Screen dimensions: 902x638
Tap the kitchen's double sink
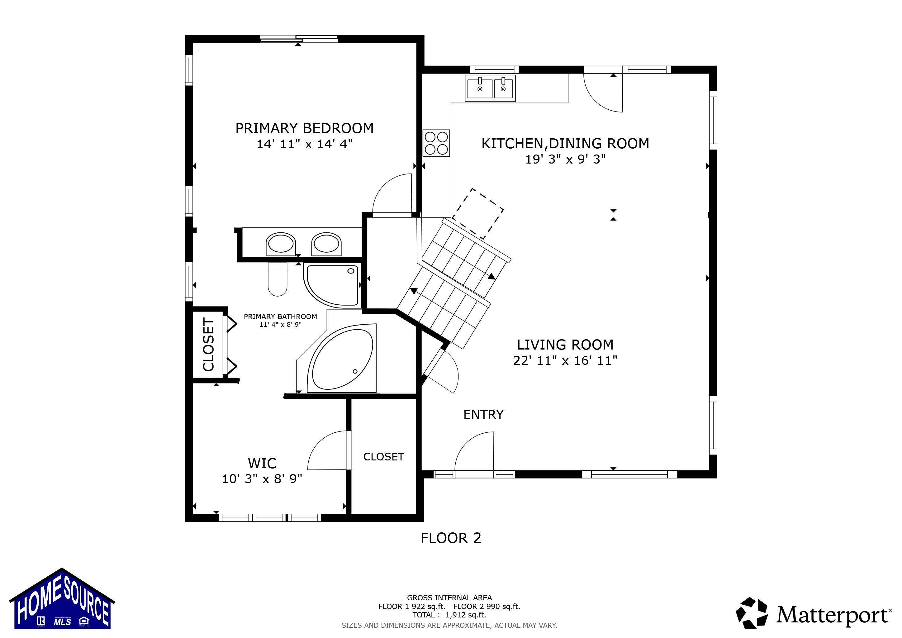[x=490, y=88]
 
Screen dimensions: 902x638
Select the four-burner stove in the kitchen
[x=436, y=143]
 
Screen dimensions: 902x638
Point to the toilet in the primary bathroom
[x=277, y=279]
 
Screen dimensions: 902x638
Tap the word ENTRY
[x=483, y=414]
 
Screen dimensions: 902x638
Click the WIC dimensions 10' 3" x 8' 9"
[x=262, y=479]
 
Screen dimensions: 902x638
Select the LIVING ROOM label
[x=565, y=345]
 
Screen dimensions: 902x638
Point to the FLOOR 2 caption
[x=451, y=538]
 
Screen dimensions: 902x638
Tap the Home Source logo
[x=62, y=599]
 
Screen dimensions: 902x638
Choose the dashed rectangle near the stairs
[x=478, y=214]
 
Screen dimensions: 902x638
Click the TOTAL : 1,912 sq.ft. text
[x=449, y=615]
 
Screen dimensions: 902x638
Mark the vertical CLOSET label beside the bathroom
[x=208, y=345]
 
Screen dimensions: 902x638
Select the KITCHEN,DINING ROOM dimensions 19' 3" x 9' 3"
[x=565, y=159]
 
